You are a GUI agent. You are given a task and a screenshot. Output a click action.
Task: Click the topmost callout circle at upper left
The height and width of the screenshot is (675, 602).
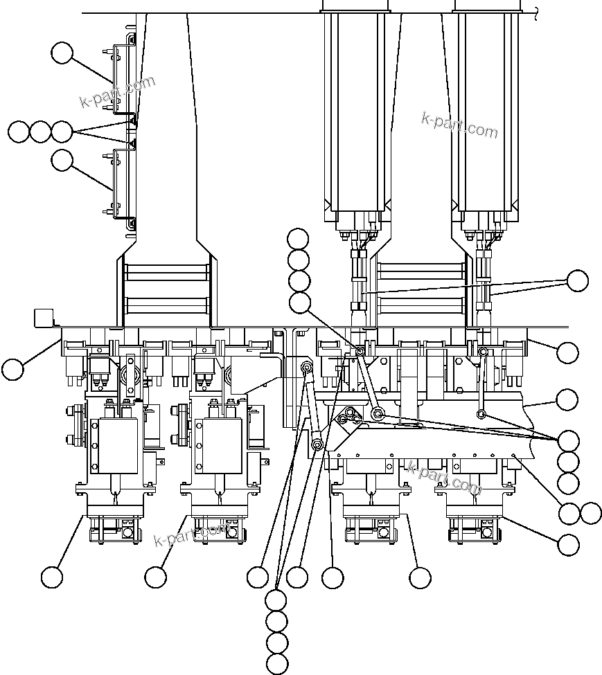[x=62, y=53]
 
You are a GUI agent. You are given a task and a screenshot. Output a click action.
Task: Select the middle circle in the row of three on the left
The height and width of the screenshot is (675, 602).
[x=41, y=132]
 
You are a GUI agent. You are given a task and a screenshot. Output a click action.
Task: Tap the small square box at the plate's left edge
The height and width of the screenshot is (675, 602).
[x=44, y=318]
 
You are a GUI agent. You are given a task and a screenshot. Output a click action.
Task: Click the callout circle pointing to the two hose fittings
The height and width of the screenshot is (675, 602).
[x=577, y=281]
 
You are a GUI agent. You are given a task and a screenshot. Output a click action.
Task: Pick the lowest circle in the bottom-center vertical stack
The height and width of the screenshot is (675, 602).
[x=277, y=664]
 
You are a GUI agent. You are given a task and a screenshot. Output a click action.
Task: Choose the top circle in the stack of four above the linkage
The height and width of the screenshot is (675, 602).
[x=299, y=239]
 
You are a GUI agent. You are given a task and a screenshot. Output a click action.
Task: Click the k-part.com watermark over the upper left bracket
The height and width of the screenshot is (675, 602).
[x=118, y=93]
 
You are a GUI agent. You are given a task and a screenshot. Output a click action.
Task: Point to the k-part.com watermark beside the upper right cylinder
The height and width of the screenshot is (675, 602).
[x=459, y=125]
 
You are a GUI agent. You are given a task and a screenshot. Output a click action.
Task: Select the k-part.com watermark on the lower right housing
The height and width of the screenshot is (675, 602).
[x=444, y=478]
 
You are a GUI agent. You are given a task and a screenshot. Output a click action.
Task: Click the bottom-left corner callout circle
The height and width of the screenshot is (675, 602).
[x=52, y=577]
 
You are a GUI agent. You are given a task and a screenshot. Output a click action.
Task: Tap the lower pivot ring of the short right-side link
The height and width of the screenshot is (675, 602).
[x=481, y=415]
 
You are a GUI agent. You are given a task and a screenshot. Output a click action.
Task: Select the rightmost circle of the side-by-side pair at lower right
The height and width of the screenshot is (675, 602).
[x=591, y=513]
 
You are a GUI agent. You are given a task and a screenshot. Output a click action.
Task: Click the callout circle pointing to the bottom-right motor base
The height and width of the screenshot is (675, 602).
[x=568, y=545]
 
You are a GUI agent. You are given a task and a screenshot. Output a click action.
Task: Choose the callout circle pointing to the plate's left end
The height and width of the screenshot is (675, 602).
[x=12, y=369]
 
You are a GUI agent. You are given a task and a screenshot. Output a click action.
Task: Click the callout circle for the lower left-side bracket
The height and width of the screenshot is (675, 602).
[x=62, y=161]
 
